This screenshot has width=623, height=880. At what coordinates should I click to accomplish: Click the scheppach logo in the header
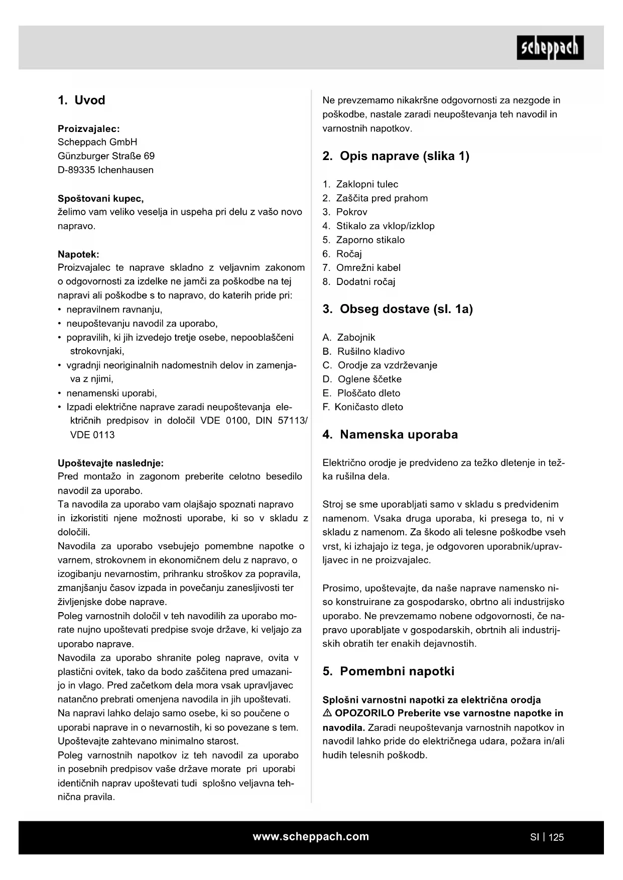coord(550,48)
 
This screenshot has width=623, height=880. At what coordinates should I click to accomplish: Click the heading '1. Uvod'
coord(81,100)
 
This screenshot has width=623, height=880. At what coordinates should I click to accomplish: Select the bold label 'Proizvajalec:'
coord(89,128)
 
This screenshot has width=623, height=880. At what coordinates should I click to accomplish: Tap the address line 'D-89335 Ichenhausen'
coord(105,170)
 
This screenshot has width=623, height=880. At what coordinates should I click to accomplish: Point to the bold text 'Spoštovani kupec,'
coord(101,198)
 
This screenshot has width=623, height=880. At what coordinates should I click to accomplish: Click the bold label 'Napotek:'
coord(78,254)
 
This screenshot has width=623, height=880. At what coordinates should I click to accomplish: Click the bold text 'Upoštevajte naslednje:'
coord(110,463)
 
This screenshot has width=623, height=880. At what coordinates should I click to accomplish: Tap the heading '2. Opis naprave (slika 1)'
coord(396,156)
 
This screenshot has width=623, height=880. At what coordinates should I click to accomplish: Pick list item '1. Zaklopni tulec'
coord(360,184)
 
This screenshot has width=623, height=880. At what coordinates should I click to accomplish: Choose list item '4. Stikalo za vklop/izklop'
coord(379,226)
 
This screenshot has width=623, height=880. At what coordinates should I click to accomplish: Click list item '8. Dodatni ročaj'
coord(359,282)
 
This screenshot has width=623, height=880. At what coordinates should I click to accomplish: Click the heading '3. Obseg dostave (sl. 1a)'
coord(398,309)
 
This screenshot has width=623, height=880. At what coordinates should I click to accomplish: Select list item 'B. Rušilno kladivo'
coord(363,351)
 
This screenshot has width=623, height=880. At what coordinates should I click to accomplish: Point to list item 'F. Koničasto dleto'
coord(362,407)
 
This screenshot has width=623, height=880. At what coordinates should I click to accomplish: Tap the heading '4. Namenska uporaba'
coord(390,434)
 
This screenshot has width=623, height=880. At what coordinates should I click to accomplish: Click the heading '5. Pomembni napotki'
coord(388,671)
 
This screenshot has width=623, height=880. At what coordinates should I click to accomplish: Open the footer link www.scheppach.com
coord(311,836)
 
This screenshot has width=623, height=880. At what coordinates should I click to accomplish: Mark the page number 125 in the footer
coord(556,837)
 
